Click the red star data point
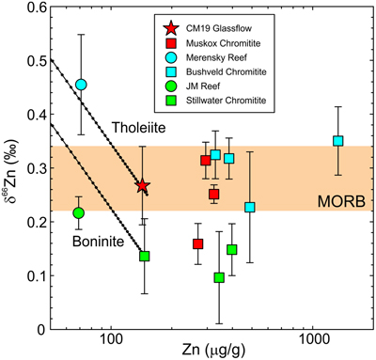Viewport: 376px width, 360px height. coord(142,186)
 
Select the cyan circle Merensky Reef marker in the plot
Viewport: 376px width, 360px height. coord(81,85)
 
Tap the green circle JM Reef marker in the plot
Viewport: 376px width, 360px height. coord(78,213)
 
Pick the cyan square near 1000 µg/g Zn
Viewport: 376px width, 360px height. coord(337,141)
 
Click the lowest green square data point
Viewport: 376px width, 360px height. coord(219,277)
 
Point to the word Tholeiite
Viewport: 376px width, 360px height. coord(139,128)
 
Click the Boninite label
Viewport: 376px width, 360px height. coord(99,242)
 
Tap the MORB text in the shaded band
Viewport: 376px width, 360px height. coord(341,201)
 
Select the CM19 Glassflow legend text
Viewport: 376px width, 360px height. coord(219,28)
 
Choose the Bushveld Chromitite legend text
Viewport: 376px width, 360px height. coord(227,71)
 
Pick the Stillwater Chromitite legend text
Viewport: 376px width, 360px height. coord(226,101)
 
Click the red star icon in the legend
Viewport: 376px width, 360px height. coord(172,28)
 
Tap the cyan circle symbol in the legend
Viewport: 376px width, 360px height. coord(172,57)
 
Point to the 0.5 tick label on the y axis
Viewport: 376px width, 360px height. coord(37,60)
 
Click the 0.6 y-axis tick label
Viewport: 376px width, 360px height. coord(37,7)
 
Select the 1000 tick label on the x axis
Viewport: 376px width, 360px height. coord(313,340)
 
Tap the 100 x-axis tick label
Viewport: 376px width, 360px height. coord(111,340)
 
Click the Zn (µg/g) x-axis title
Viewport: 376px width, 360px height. coord(213,352)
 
